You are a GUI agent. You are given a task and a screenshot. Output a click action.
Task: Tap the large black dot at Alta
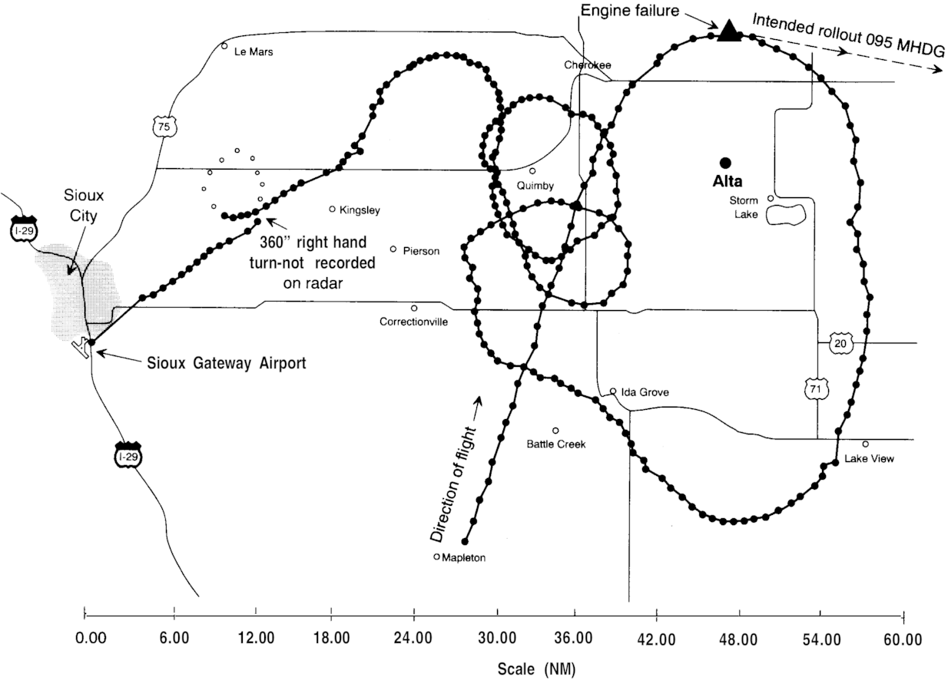pyautogui.click(x=724, y=162)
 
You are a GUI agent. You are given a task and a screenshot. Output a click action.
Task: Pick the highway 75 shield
pyautogui.click(x=161, y=127)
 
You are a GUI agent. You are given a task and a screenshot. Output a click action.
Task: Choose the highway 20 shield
pyautogui.click(x=839, y=343)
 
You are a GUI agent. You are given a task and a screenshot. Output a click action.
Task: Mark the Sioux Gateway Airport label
pyautogui.click(x=226, y=363)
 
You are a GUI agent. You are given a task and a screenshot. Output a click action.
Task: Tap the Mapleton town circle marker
pyautogui.click(x=436, y=557)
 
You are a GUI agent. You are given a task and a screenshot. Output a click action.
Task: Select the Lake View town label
pyautogui.click(x=869, y=459)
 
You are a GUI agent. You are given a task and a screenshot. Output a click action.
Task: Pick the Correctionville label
pyautogui.click(x=413, y=322)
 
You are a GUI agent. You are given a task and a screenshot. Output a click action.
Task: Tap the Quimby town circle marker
pyautogui.click(x=532, y=171)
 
